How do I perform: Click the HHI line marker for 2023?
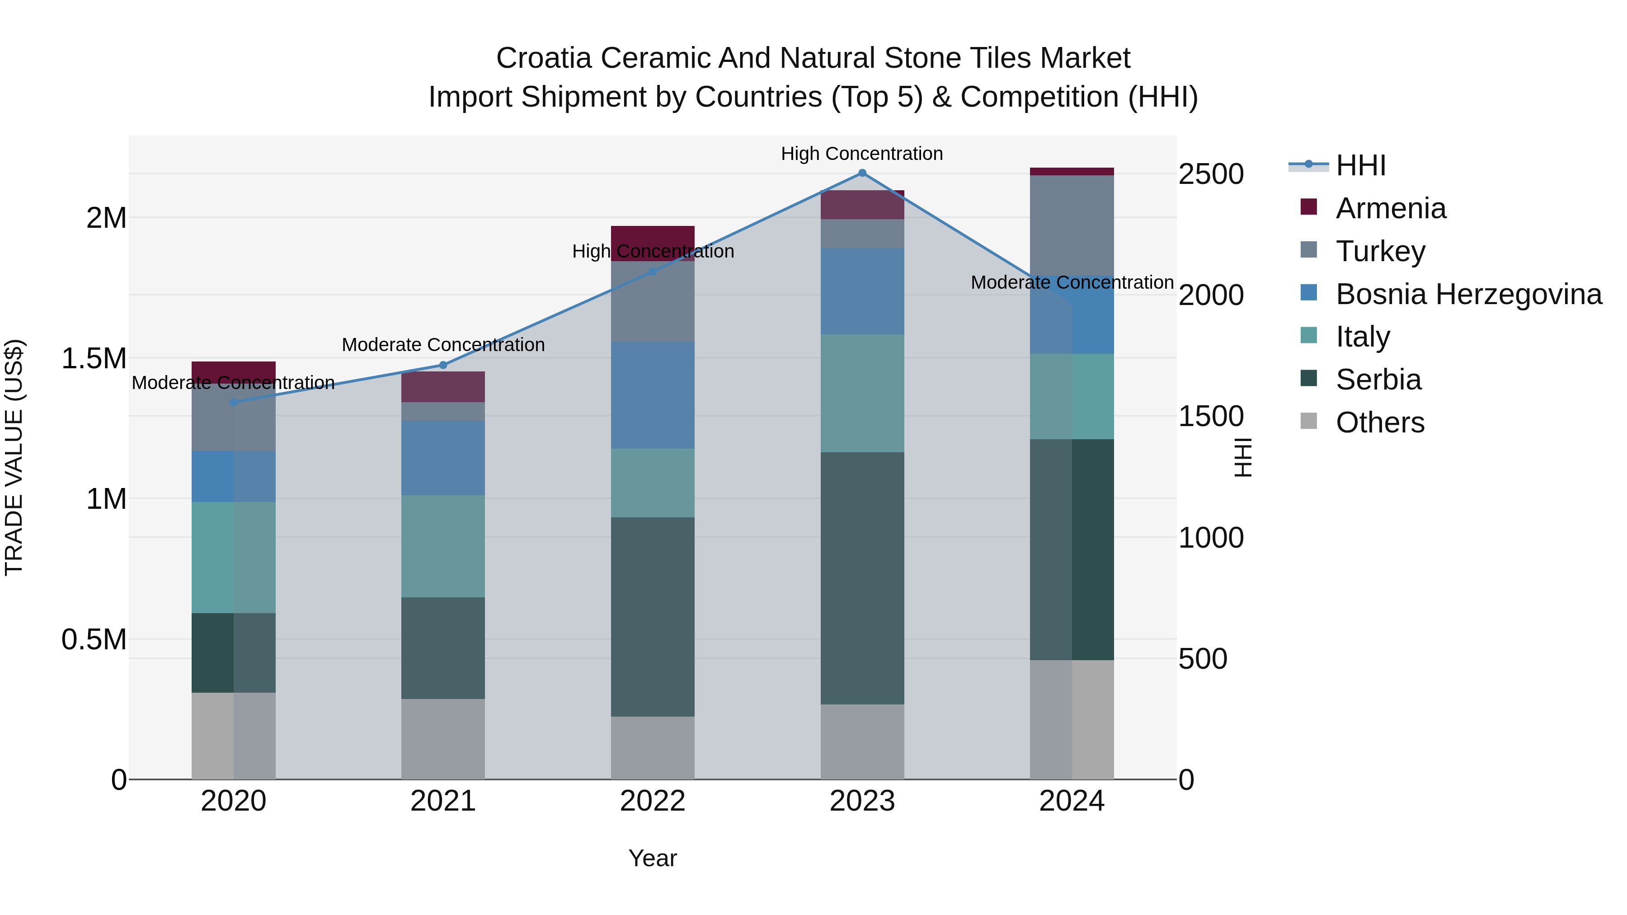(862, 173)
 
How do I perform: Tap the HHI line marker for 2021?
(443, 365)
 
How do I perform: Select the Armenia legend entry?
(1390, 208)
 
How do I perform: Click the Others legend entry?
(1379, 422)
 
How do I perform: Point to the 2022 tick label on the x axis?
(653, 801)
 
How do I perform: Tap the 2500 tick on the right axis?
(1211, 174)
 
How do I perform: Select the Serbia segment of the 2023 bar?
(862, 578)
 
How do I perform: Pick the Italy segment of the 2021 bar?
(443, 546)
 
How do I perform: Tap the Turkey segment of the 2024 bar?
(1072, 224)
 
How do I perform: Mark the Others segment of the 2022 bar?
(653, 748)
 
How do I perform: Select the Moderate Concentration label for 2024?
(1072, 282)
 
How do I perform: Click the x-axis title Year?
(653, 858)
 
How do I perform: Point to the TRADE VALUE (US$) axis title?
(14, 457)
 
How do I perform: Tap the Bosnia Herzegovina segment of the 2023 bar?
(862, 291)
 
